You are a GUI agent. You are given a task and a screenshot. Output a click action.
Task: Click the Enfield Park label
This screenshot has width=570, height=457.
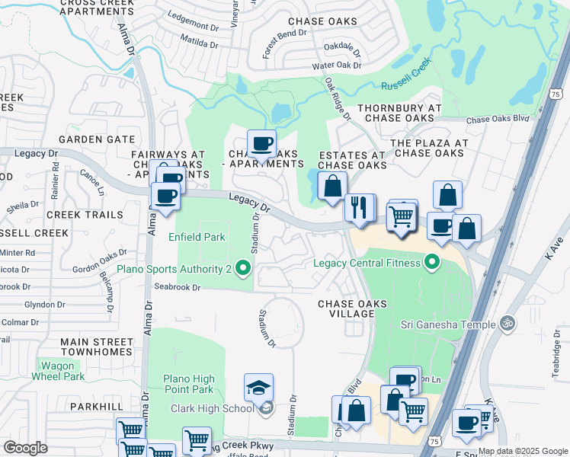coord(197,237)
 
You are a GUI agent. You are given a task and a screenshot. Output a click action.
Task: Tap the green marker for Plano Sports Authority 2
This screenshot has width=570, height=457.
coord(242,267)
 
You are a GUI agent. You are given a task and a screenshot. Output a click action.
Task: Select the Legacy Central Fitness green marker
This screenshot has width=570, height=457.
coord(433,264)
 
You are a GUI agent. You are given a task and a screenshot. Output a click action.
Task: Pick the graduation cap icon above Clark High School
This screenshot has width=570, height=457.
coord(259,388)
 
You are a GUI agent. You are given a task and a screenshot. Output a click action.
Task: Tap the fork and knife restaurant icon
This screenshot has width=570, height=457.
coord(359,207)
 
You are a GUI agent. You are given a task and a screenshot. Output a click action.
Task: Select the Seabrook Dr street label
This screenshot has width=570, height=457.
coord(176,287)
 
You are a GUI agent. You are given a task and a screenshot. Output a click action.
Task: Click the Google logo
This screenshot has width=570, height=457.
coord(25,448)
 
